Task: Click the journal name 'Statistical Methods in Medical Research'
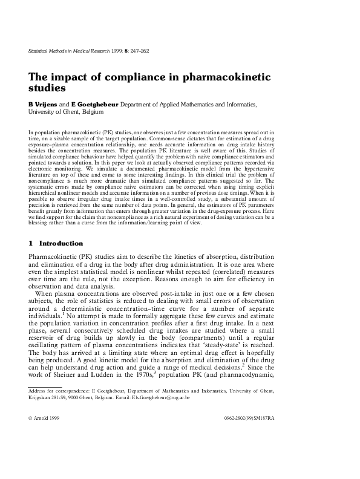pyautogui.click(x=72, y=51)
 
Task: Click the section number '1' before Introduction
pyautogui.click(x=30, y=243)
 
